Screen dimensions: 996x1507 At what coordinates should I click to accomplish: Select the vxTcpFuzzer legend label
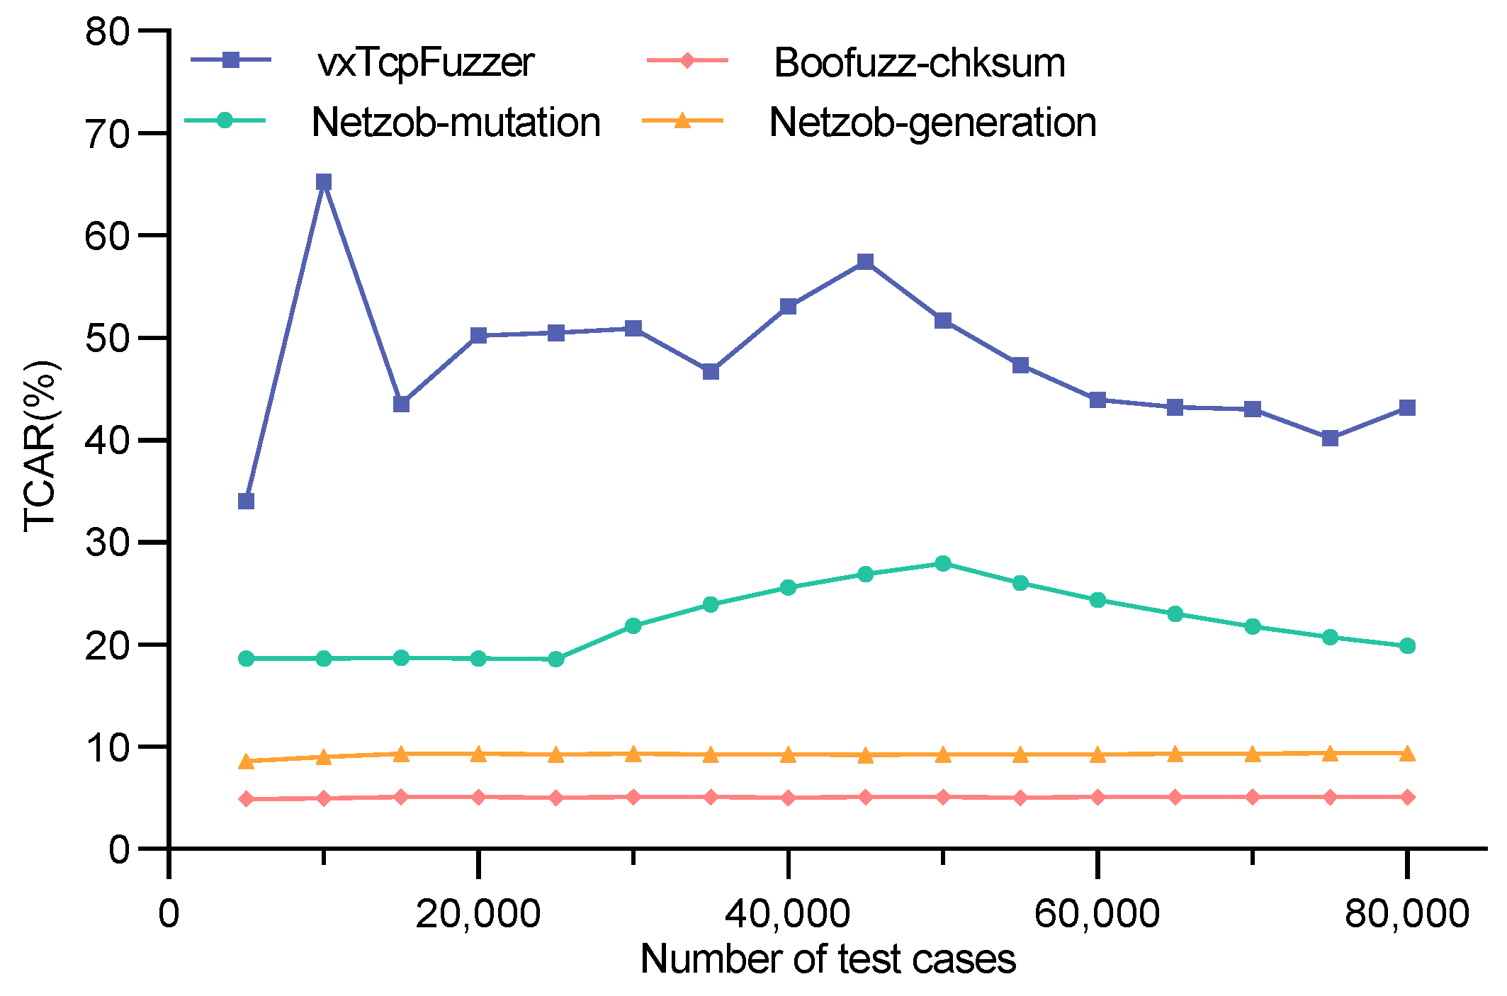click(x=426, y=62)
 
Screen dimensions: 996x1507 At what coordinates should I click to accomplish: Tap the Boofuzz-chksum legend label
click(x=919, y=62)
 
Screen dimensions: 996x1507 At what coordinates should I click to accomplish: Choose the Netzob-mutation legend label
click(x=456, y=122)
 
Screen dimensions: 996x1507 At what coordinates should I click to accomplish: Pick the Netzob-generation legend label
click(x=932, y=122)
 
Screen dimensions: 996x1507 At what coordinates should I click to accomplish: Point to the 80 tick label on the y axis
click(x=108, y=32)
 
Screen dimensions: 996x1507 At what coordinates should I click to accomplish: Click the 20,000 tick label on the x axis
click(x=478, y=914)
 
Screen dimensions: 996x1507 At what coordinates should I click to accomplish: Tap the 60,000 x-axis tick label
click(x=1097, y=914)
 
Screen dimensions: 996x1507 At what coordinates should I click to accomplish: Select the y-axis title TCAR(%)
click(x=40, y=446)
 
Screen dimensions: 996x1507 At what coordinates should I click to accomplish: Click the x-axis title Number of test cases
click(x=828, y=960)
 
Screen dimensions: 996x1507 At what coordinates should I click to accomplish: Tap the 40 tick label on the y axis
click(x=108, y=440)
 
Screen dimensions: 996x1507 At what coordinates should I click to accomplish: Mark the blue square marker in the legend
click(x=231, y=60)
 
